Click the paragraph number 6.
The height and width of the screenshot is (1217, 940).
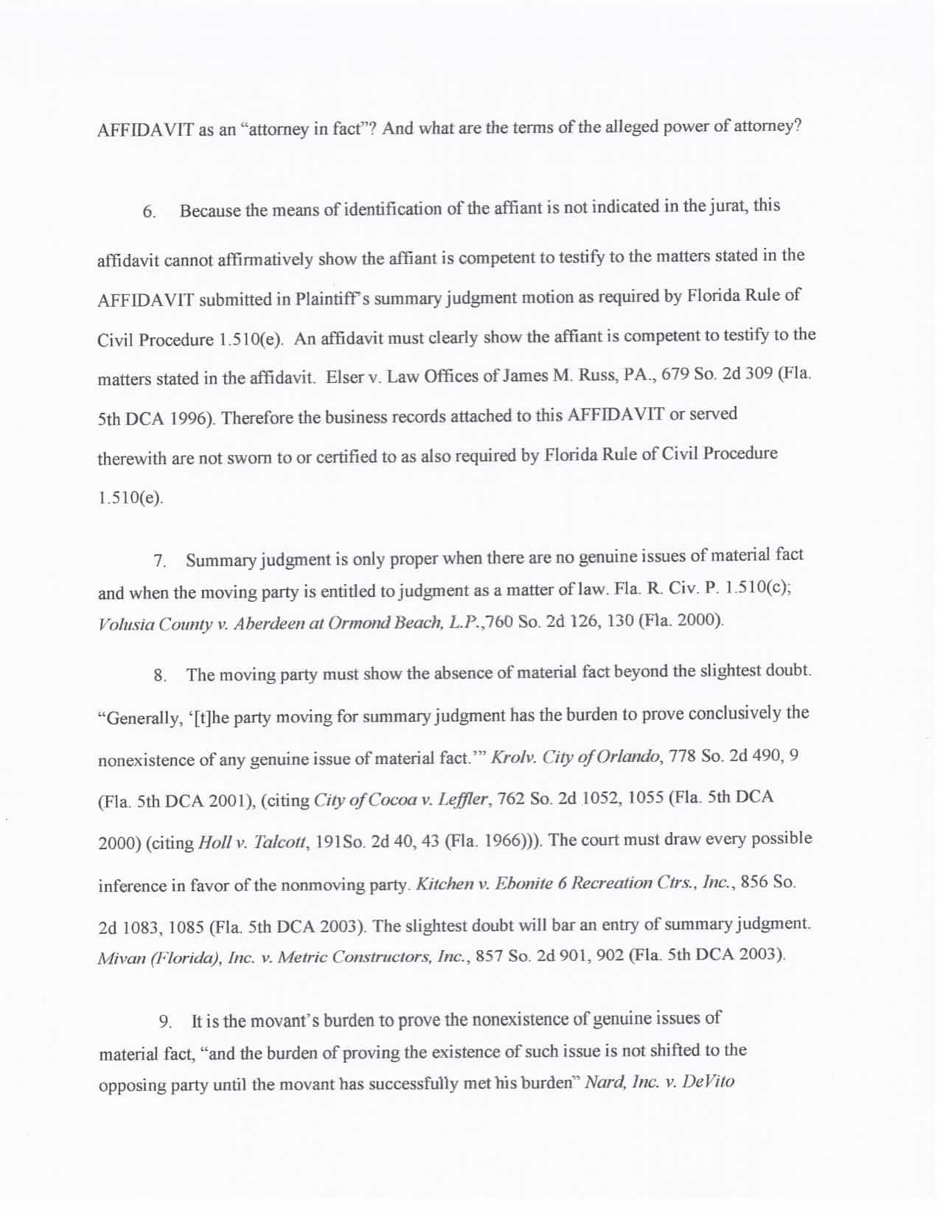tap(149, 212)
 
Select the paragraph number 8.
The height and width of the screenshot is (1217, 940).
tap(160, 676)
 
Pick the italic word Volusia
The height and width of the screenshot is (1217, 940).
tap(125, 624)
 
